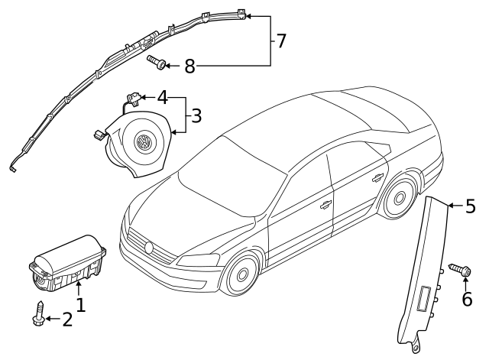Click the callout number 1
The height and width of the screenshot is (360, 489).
(79, 306)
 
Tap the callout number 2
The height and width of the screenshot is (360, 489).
(67, 320)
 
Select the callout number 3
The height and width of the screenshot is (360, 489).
(196, 116)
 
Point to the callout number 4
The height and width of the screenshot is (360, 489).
(162, 98)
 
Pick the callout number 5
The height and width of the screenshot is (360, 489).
(470, 206)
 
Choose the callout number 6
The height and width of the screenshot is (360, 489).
(467, 299)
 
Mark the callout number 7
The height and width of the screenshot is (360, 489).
(280, 41)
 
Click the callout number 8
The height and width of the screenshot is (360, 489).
(189, 66)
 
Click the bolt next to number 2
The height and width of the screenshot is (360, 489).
(39, 314)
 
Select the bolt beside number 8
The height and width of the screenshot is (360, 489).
(156, 62)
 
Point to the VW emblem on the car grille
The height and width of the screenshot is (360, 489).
(150, 248)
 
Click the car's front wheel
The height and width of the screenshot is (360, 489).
(242, 274)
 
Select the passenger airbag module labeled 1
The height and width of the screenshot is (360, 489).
(67, 264)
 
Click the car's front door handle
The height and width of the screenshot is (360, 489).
(325, 204)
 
